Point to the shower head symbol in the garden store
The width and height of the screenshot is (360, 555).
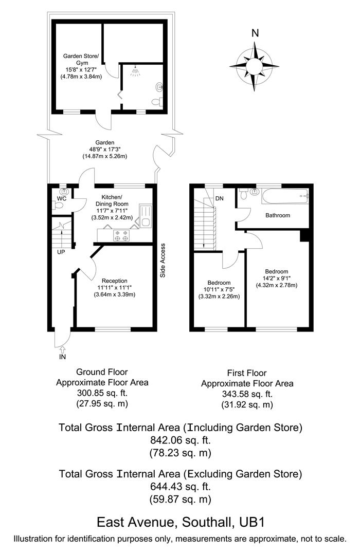[135, 71]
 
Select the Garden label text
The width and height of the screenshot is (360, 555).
[104, 142]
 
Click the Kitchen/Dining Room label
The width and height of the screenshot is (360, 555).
[112, 197]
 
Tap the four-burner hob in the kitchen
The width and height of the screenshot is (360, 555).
[122, 235]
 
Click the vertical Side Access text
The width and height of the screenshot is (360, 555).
[163, 261]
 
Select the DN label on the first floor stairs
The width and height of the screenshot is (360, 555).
[220, 198]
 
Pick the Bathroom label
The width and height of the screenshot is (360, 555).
[278, 215]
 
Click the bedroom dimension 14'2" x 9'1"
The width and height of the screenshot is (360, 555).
[277, 279]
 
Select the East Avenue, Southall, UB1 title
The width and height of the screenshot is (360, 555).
[181, 523]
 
